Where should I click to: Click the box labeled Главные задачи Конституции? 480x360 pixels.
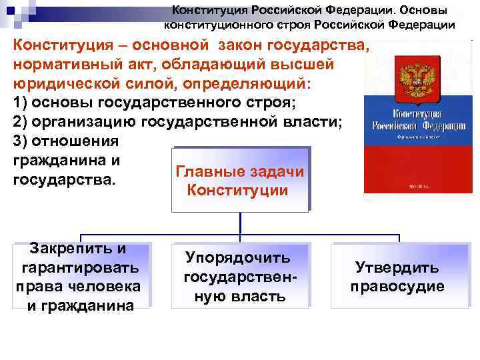(239, 180)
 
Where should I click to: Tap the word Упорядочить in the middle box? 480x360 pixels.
(238, 257)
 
